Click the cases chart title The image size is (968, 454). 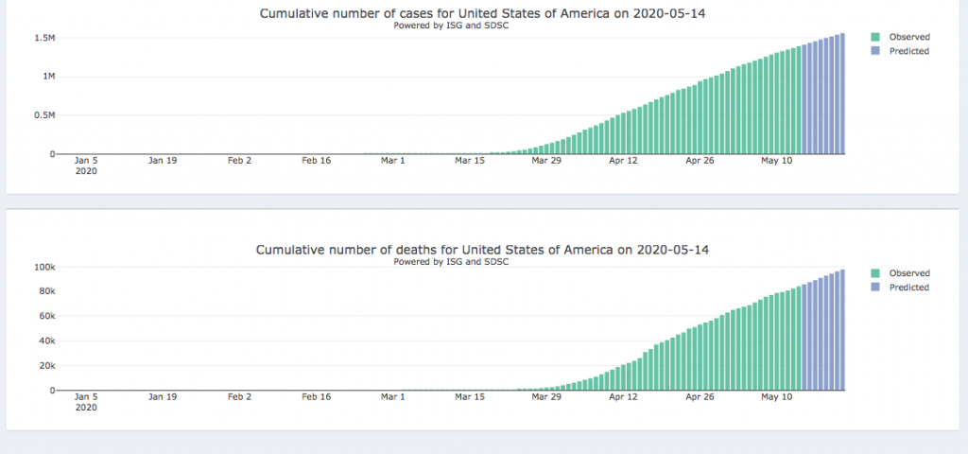click(x=483, y=13)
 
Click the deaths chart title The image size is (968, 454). click(x=483, y=250)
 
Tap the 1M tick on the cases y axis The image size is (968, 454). click(x=43, y=77)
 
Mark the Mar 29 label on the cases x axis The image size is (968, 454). click(x=546, y=161)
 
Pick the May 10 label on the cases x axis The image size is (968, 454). click(x=776, y=161)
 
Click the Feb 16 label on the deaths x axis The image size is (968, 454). click(x=316, y=397)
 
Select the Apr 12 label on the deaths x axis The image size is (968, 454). click(x=623, y=397)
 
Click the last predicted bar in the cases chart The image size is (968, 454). click(x=841, y=94)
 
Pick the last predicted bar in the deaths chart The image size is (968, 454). click(x=841, y=330)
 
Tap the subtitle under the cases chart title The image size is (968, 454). click(x=451, y=26)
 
